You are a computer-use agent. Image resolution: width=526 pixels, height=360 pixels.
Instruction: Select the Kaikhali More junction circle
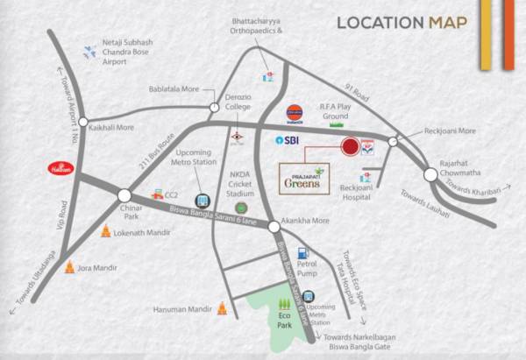tap(83, 124)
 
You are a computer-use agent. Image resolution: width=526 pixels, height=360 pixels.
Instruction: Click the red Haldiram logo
tap(58, 166)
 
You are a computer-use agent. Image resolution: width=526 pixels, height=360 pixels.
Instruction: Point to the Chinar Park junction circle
tap(124, 195)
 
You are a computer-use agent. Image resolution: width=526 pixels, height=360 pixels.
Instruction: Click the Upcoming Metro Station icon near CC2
tap(203, 201)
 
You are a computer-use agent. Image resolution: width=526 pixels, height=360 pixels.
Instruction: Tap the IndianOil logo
tap(295, 113)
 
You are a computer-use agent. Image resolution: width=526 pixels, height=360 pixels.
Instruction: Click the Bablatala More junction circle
tap(214, 108)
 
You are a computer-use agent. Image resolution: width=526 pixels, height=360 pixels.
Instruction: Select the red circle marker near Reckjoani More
tap(351, 146)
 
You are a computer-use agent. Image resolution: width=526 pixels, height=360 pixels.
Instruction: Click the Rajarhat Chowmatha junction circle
tap(430, 174)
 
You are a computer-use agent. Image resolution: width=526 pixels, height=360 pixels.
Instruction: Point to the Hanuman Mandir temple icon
tap(221, 307)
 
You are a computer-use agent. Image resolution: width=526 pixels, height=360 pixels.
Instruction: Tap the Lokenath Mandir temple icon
tap(105, 232)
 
